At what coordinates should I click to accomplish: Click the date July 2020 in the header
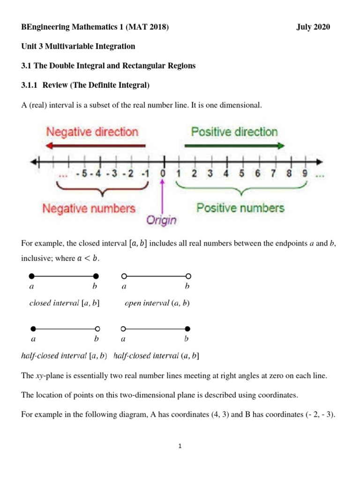[313, 27]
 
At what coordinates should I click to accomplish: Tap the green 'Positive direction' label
[234, 132]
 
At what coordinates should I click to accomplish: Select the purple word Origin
[161, 219]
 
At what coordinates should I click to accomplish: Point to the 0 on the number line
[163, 174]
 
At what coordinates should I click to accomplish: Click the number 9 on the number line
[305, 174]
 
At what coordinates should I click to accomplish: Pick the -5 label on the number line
[82, 174]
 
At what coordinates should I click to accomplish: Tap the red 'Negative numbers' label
[89, 208]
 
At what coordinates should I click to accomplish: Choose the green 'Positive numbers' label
[240, 207]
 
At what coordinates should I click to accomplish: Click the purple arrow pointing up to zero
[163, 197]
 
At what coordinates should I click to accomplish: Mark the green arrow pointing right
[234, 146]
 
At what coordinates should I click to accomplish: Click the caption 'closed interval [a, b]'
[65, 303]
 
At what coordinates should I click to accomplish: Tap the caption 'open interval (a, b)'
[157, 303]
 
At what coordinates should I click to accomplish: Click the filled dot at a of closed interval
[31, 276]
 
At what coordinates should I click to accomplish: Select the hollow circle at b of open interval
[188, 276]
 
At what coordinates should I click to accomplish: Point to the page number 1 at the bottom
[180, 446]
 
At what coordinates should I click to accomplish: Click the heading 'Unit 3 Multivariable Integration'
[78, 46]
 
